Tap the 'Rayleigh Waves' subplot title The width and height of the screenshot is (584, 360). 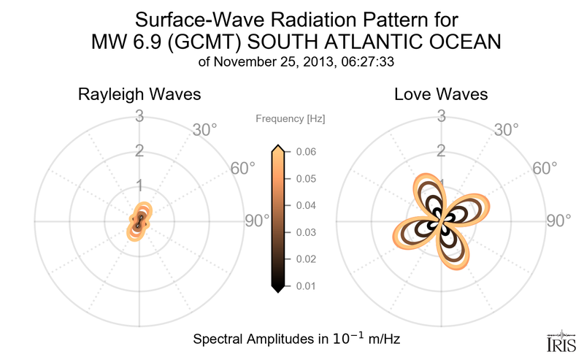[139, 95]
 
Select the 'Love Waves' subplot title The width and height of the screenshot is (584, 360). [442, 95]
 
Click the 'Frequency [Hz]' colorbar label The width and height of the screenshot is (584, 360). [291, 118]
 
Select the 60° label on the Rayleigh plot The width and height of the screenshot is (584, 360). [243, 168]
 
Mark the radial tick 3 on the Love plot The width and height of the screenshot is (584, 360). [442, 115]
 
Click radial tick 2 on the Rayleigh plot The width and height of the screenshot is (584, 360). [139, 151]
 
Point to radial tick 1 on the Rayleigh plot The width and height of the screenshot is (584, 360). [139, 185]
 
